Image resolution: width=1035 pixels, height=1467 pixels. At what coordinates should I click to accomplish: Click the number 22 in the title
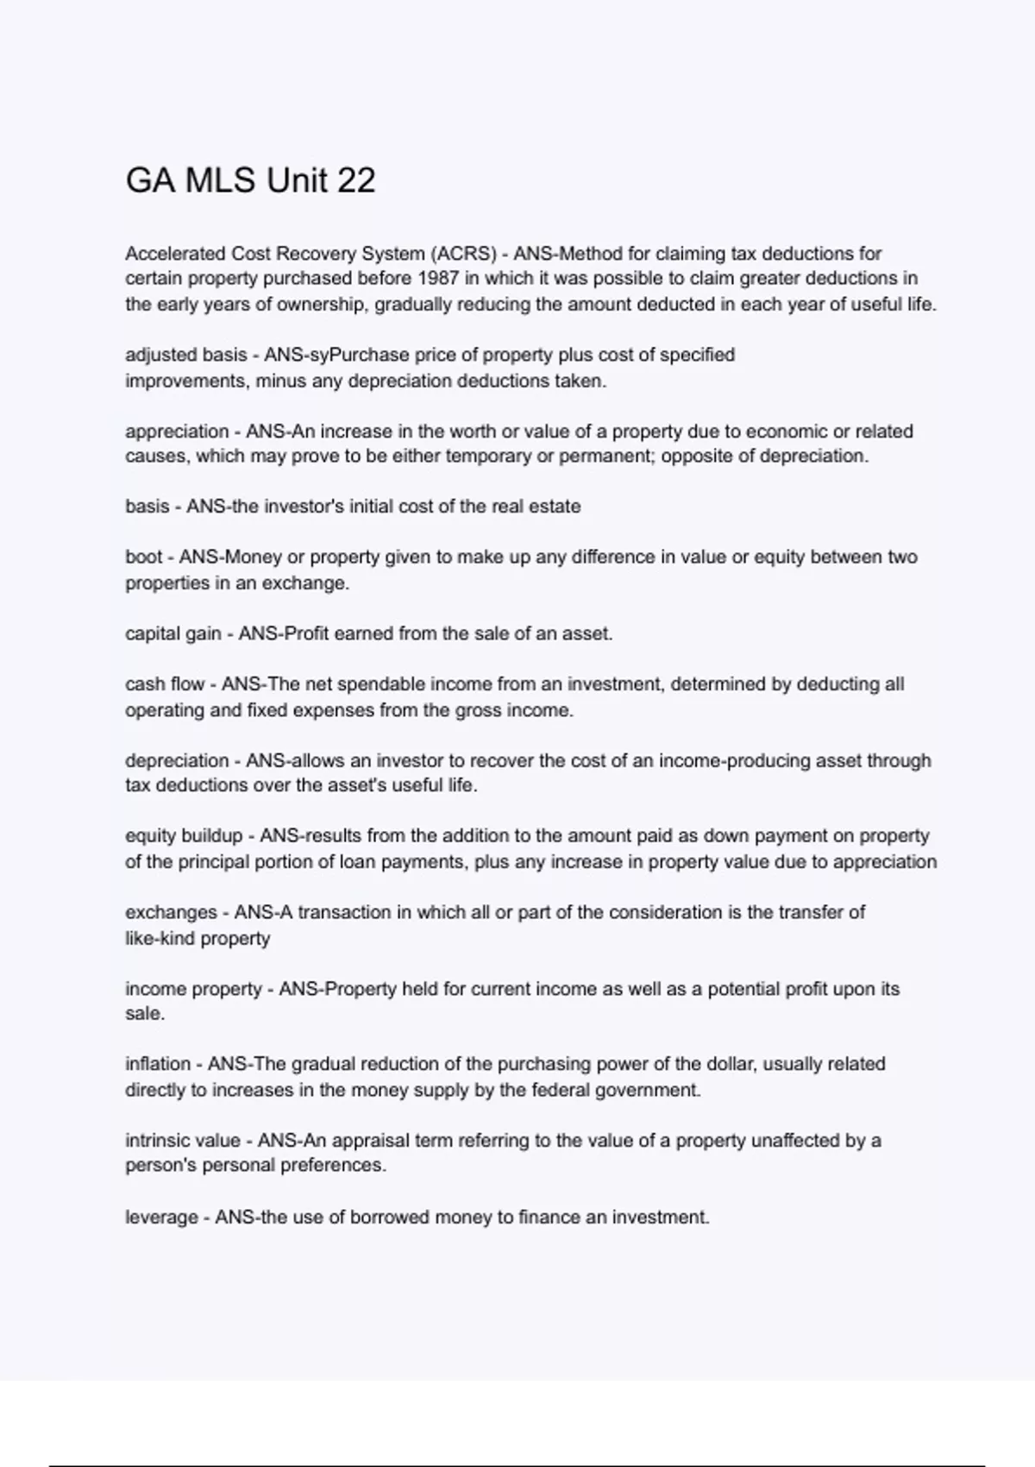point(355,180)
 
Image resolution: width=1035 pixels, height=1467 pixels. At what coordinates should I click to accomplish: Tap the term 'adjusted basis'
point(185,355)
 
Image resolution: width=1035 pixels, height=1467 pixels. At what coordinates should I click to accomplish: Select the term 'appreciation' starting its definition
point(177,431)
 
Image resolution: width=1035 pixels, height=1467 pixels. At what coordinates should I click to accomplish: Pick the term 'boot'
point(144,557)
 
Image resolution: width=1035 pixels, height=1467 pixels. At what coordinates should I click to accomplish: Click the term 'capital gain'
point(172,634)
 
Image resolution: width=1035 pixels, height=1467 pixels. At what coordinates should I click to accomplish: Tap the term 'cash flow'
point(165,684)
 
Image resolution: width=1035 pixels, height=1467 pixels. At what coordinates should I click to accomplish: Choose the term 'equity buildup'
point(184,836)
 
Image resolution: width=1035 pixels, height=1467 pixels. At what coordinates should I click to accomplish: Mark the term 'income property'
point(193,989)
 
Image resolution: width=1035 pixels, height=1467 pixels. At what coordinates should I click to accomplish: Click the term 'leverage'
point(161,1218)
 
